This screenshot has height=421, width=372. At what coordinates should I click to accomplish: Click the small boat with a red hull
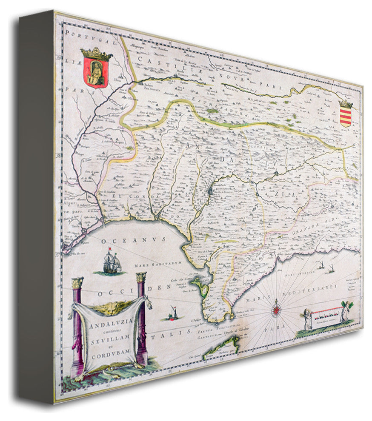point(173,314)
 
